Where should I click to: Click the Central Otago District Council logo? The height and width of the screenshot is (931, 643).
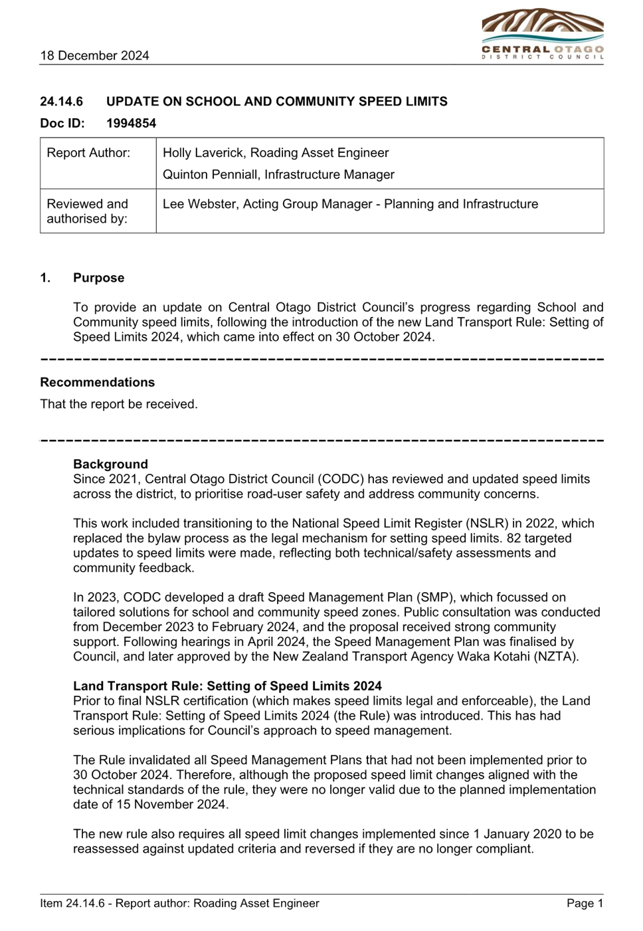[x=543, y=34]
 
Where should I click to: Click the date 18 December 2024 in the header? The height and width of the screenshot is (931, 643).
[x=94, y=55]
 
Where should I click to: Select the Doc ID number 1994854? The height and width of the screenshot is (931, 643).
[x=132, y=123]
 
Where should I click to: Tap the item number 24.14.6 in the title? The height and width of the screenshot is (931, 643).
[x=62, y=101]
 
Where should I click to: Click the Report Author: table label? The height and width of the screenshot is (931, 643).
[x=88, y=153]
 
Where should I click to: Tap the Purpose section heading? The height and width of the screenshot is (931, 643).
[x=98, y=278]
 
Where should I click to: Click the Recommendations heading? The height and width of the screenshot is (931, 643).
[x=98, y=382]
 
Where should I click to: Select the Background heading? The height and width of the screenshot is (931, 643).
[x=110, y=464]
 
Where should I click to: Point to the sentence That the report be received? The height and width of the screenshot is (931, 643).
[x=119, y=404]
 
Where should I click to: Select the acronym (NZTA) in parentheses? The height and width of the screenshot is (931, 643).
[x=555, y=657]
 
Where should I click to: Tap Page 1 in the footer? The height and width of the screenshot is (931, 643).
[x=585, y=903]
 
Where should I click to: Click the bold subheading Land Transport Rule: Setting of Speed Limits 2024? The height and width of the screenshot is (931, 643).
[x=227, y=686]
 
